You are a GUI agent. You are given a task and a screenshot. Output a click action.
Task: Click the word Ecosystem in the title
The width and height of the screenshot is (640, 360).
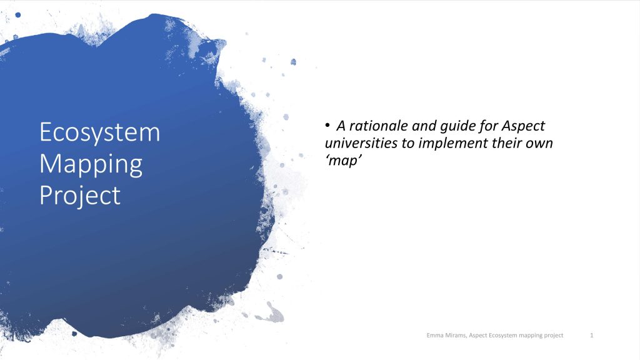click(100, 132)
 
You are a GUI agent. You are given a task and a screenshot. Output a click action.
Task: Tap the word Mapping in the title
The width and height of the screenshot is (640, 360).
click(91, 164)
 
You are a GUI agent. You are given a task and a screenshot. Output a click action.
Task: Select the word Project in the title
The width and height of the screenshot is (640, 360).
click(80, 196)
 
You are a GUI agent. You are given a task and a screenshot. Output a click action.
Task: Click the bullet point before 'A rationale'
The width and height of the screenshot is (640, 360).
click(327, 125)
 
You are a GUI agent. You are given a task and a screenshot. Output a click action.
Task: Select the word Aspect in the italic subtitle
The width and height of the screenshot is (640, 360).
click(523, 126)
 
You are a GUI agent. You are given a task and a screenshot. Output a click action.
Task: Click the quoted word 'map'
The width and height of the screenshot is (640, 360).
click(343, 161)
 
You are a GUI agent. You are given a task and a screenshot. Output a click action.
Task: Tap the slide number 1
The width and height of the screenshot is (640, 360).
click(592, 335)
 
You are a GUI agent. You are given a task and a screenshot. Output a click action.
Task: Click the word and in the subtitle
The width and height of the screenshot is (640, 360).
click(424, 126)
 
